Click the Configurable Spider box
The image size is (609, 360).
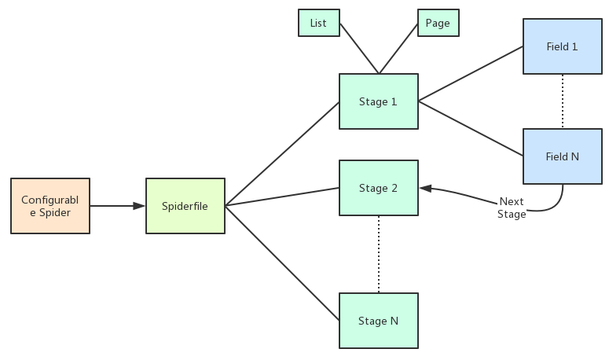(x=50, y=206)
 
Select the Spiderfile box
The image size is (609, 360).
(x=185, y=206)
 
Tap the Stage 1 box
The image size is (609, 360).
(x=378, y=101)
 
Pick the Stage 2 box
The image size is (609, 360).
(x=378, y=188)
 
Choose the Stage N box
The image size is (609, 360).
(x=378, y=321)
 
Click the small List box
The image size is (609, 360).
(x=318, y=23)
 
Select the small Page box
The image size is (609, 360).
(x=438, y=23)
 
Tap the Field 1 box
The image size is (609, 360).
(x=563, y=46)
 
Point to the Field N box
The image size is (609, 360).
(x=563, y=156)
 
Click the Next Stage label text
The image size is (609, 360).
(x=512, y=208)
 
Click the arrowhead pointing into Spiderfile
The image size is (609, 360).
(x=139, y=206)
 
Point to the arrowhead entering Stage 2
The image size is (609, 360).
(x=425, y=188)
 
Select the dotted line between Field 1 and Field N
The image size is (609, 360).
(x=563, y=101)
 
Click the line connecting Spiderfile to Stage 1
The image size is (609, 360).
(x=282, y=153)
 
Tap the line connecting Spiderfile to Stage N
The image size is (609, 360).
(x=282, y=263)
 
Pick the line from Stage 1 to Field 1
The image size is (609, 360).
(x=471, y=74)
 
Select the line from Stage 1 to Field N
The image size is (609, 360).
(x=471, y=129)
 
